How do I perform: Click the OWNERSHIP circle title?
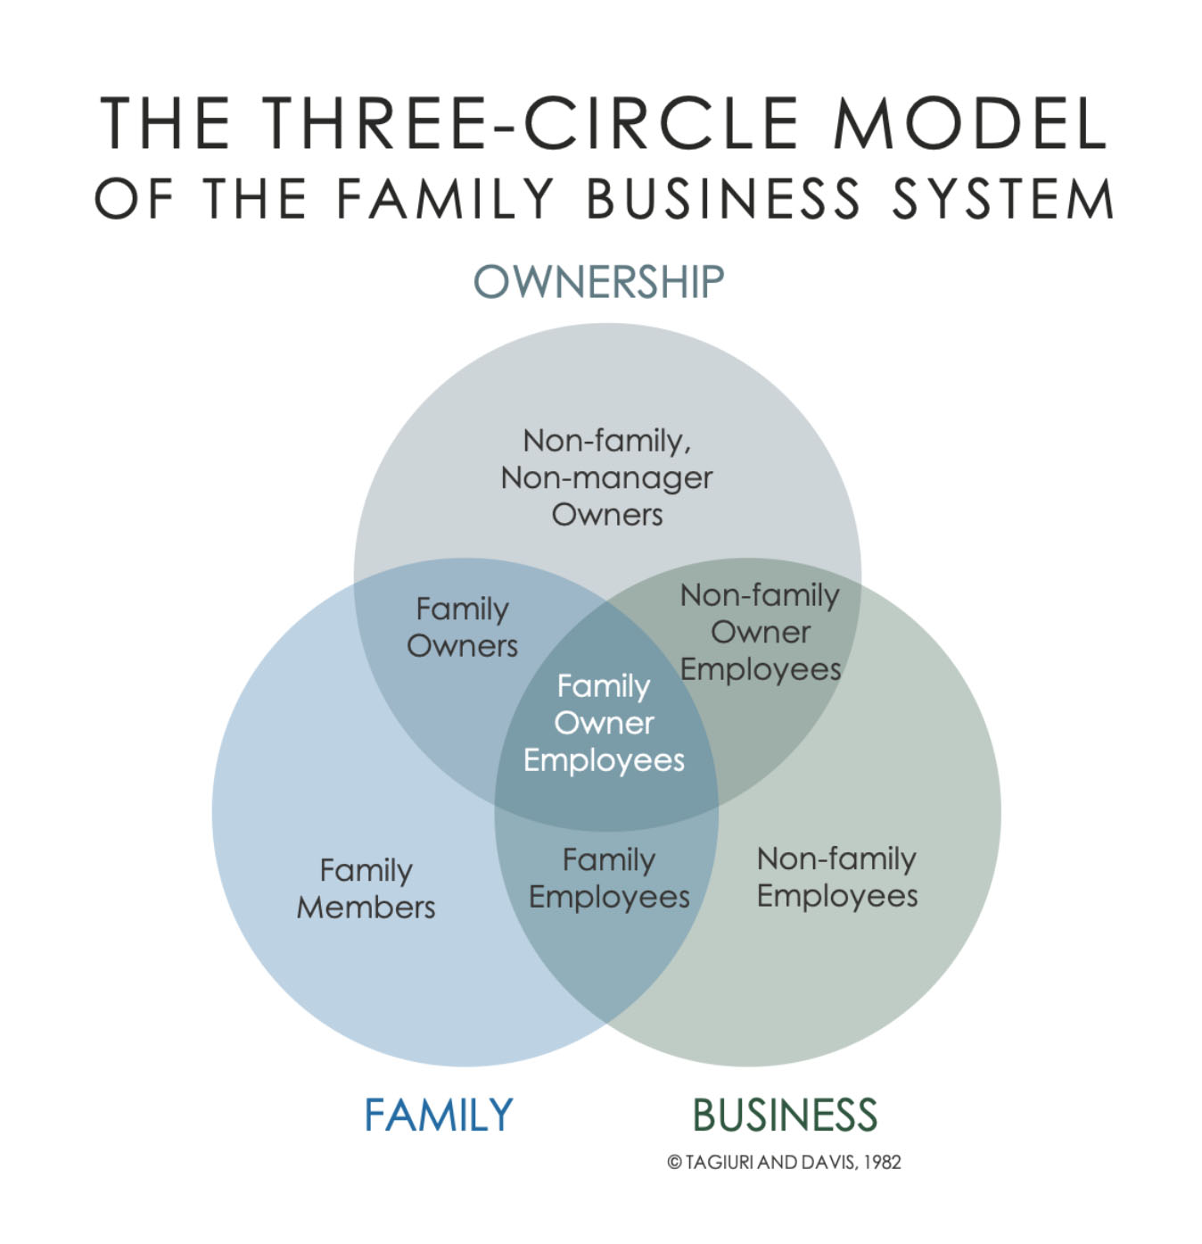(x=598, y=282)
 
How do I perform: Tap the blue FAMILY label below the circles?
(x=439, y=1115)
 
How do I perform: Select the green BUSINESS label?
(x=785, y=1115)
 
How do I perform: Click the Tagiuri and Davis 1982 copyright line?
(x=784, y=1162)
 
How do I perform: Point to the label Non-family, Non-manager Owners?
(x=606, y=477)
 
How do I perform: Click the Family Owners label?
(x=462, y=627)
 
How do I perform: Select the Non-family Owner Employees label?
(x=761, y=632)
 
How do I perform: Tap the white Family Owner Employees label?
(x=604, y=723)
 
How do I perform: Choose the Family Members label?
(x=366, y=889)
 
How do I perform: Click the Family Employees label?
(x=609, y=878)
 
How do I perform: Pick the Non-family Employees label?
(x=836, y=877)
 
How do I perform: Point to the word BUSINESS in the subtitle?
(x=723, y=198)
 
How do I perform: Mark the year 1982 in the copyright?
(x=882, y=1162)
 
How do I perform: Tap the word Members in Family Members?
(x=366, y=908)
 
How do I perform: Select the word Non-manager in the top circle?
(x=606, y=477)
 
